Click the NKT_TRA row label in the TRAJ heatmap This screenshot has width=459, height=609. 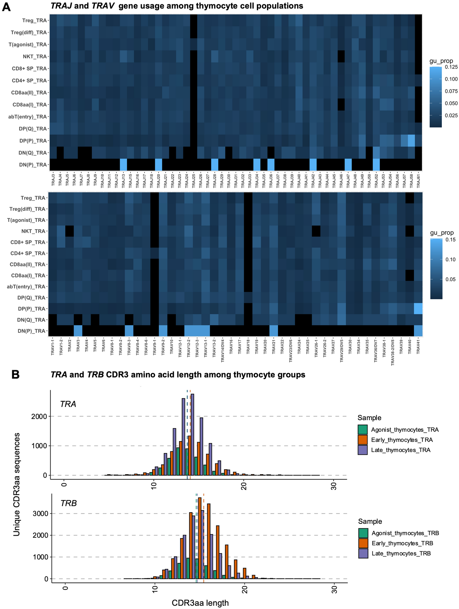click(x=35, y=56)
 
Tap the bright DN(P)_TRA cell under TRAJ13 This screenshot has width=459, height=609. click(x=123, y=165)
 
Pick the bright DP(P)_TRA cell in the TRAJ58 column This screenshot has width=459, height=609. click(x=411, y=141)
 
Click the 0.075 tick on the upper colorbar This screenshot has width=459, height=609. click(x=451, y=91)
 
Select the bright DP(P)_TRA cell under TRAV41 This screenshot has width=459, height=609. click(x=418, y=309)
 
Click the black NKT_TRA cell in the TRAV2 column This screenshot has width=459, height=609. click(x=69, y=231)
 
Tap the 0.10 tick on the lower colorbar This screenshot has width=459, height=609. click(x=450, y=259)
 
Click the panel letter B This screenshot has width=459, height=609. click(x=15, y=375)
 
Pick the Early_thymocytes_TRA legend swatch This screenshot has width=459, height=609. click(x=363, y=440)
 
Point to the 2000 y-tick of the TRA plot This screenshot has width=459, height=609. click(x=39, y=416)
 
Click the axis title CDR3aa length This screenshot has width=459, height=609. click(x=200, y=603)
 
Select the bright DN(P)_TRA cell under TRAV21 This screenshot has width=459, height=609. click(x=274, y=331)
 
